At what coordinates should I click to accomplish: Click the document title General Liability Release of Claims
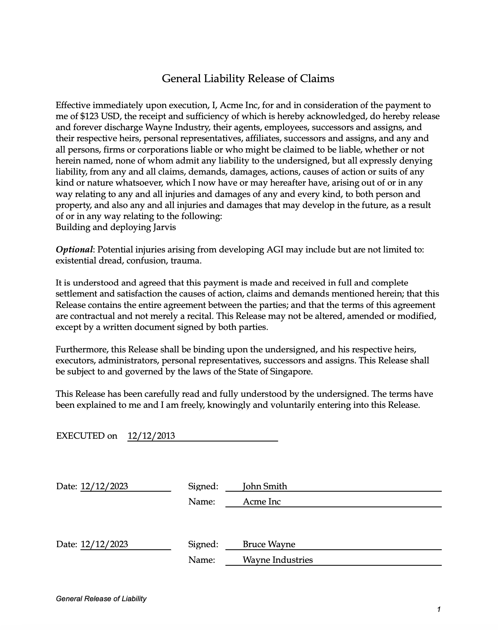pos(248,79)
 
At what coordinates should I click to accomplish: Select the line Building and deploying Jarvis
pos(116,228)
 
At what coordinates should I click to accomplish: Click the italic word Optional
pos(74,250)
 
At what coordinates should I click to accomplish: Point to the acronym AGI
pos(275,250)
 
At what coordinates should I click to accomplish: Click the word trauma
pos(186,261)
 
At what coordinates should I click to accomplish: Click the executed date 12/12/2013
pos(151,436)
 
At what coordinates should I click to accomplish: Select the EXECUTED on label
pos(86,436)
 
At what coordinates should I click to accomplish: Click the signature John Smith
pos(265,486)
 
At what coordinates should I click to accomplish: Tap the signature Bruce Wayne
pos(269,545)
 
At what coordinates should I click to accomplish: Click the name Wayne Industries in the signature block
pos(277,560)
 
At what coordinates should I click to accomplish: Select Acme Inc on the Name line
pos(261,502)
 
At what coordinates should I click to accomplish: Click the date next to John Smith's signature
pos(104,486)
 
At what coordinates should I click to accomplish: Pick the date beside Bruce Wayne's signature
pos(104,545)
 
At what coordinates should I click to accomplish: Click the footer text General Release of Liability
pos(101,599)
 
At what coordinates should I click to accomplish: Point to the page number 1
pos(439,610)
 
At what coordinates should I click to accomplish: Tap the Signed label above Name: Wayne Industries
pos(203,545)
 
